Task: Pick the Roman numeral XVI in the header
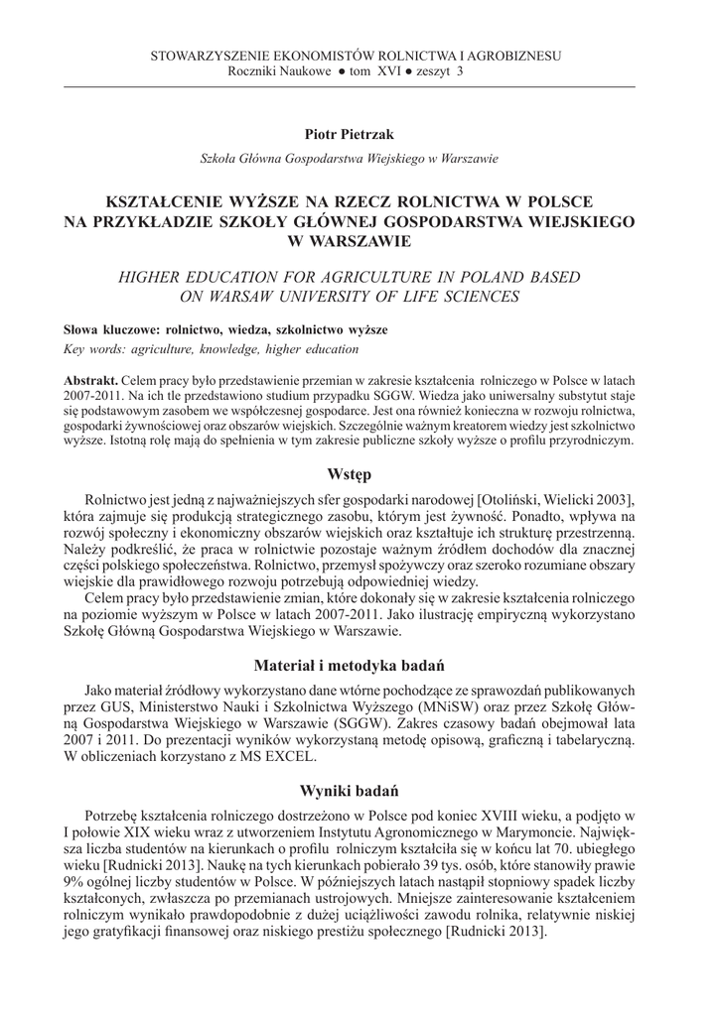tap(388, 71)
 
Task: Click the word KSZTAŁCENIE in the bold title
tap(196, 201)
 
